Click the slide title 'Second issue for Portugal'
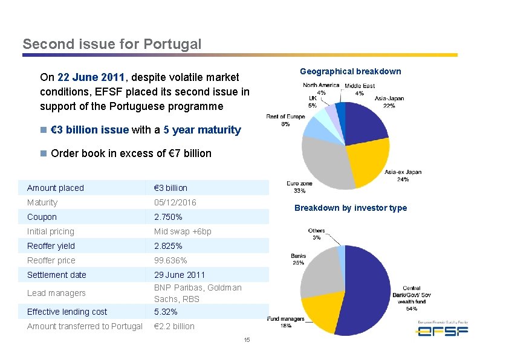coord(112,44)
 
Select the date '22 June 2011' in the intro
coord(91,77)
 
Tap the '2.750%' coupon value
coord(168,217)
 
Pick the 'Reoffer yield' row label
coord(51,246)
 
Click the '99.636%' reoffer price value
coord(170,260)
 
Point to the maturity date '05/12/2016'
coord(175,202)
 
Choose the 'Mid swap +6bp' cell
coord(183,231)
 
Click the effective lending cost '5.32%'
coord(166,312)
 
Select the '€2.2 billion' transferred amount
coord(174,326)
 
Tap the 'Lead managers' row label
coord(56,293)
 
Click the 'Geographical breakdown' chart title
coord(350,71)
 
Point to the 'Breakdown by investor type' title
coord(351,208)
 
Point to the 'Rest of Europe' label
coord(285,116)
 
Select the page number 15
coord(247,341)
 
